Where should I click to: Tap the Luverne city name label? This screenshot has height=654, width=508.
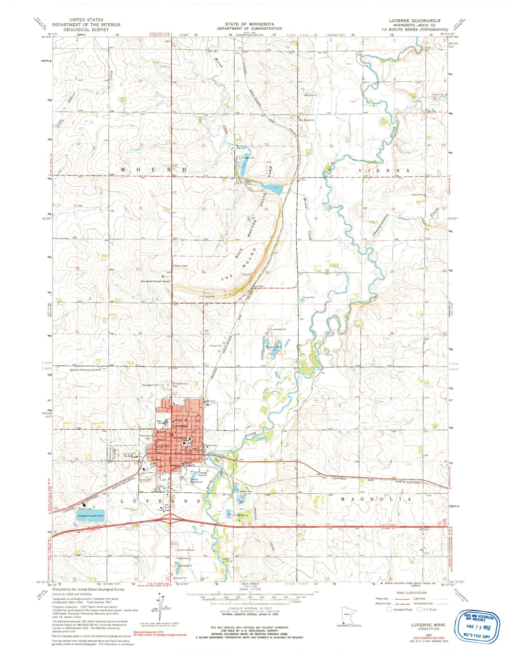point(179,426)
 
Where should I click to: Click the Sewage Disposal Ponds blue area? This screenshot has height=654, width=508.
point(91,515)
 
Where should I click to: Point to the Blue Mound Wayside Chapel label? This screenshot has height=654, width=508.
point(155,281)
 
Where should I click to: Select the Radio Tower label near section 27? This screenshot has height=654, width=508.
point(181,266)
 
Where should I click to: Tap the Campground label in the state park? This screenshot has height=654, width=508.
point(247,158)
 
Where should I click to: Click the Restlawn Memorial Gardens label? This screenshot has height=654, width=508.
point(85,370)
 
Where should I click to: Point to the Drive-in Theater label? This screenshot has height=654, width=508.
point(186,550)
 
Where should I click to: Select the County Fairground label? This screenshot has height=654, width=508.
point(196,481)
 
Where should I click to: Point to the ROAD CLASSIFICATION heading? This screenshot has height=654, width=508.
point(411,593)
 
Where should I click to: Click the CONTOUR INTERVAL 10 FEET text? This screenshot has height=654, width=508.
point(250,608)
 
